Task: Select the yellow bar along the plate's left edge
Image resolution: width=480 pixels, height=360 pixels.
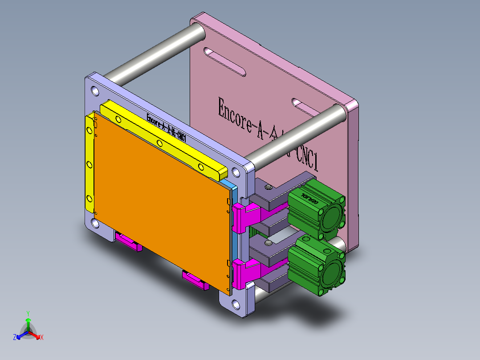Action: pyautogui.click(x=89, y=165)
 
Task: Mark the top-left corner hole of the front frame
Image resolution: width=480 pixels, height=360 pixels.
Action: pyautogui.click(x=95, y=91)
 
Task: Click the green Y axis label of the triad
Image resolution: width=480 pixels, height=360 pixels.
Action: pyautogui.click(x=28, y=313)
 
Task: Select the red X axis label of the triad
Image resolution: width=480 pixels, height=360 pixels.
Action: pyautogui.click(x=42, y=337)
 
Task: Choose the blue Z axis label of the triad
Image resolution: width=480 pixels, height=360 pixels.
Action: pyautogui.click(x=15, y=337)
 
